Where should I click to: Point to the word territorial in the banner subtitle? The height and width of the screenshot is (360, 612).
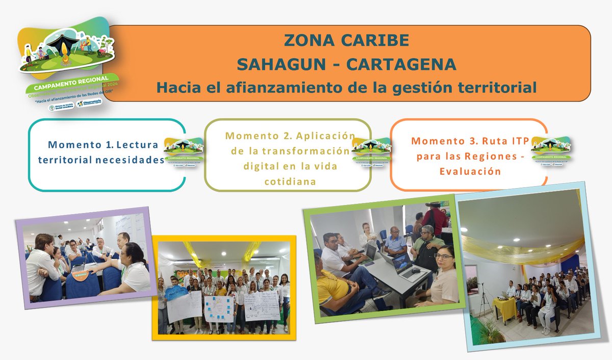(x=494, y=87)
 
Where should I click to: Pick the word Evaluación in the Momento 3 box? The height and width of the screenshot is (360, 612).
(x=470, y=171)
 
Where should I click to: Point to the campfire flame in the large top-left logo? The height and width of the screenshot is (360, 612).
(x=64, y=53)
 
